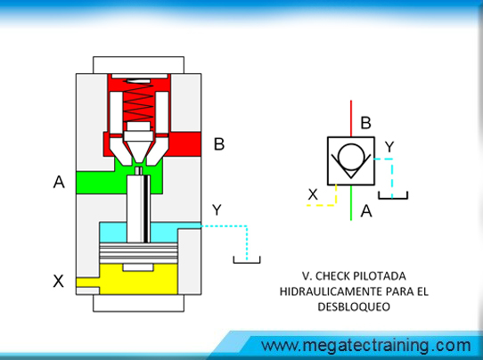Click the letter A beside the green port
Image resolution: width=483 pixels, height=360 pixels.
[x=59, y=182]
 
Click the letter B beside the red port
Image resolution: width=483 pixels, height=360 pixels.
[x=219, y=143]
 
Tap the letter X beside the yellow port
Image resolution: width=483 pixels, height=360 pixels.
[x=58, y=281]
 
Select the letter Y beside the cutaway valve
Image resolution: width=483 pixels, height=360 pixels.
[x=217, y=209]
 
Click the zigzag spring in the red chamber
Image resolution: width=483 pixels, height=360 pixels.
[x=138, y=101]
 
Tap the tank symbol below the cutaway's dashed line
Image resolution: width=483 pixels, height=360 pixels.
[x=247, y=259]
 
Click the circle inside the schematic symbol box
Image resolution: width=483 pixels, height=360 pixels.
[x=350, y=157]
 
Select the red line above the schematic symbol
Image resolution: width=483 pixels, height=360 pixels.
[x=351, y=119]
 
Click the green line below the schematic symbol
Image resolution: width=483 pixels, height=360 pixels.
[x=351, y=203]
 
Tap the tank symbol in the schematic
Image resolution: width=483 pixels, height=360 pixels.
[x=393, y=195]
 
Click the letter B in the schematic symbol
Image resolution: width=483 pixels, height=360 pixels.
[x=365, y=123]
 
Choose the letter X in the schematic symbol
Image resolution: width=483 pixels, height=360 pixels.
[x=313, y=194]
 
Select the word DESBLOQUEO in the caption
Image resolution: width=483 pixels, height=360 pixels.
[x=354, y=307]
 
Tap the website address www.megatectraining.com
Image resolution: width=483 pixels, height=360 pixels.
[x=365, y=345]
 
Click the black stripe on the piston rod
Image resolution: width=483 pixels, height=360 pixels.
[x=146, y=209]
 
